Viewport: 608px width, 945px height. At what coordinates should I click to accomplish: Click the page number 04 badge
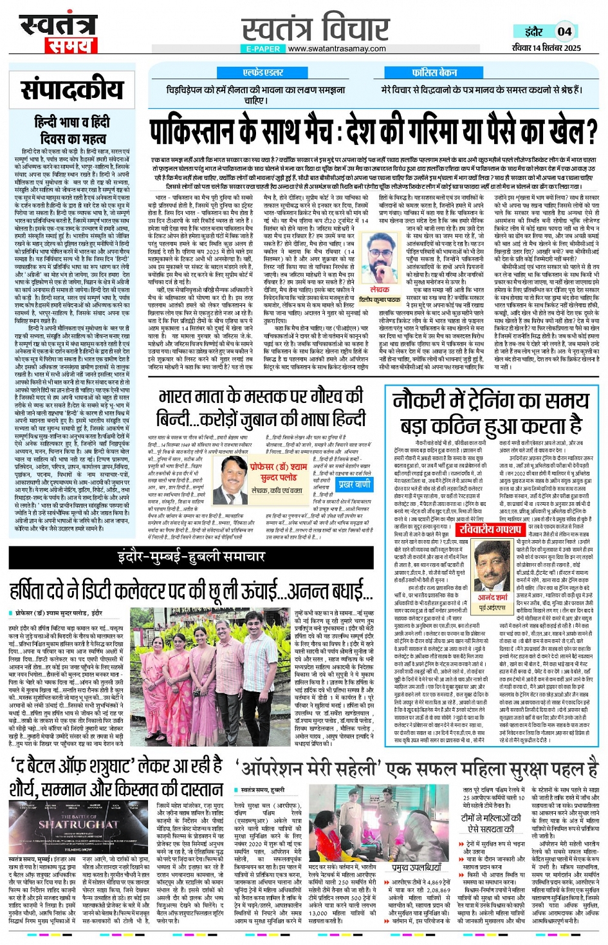[564, 31]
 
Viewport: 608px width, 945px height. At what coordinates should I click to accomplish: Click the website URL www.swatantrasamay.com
[336, 49]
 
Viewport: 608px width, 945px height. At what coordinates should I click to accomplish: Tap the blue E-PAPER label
[263, 49]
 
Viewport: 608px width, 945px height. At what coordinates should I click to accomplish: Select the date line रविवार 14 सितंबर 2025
[546, 48]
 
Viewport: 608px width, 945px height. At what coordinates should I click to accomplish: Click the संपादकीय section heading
[71, 89]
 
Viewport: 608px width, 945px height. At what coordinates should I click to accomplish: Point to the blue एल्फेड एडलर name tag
[263, 73]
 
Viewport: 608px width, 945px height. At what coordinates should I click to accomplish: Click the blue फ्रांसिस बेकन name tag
[435, 73]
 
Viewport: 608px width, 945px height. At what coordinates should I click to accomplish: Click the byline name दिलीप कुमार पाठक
[380, 300]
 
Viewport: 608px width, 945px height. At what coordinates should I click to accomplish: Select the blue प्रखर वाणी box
[354, 483]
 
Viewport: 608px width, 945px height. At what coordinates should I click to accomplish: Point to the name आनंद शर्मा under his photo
[493, 597]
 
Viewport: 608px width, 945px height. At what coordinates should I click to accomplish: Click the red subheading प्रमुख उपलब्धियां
[416, 867]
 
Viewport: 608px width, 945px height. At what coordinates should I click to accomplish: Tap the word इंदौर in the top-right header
[533, 32]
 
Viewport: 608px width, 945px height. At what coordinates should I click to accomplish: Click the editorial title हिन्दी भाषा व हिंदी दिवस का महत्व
[71, 129]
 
